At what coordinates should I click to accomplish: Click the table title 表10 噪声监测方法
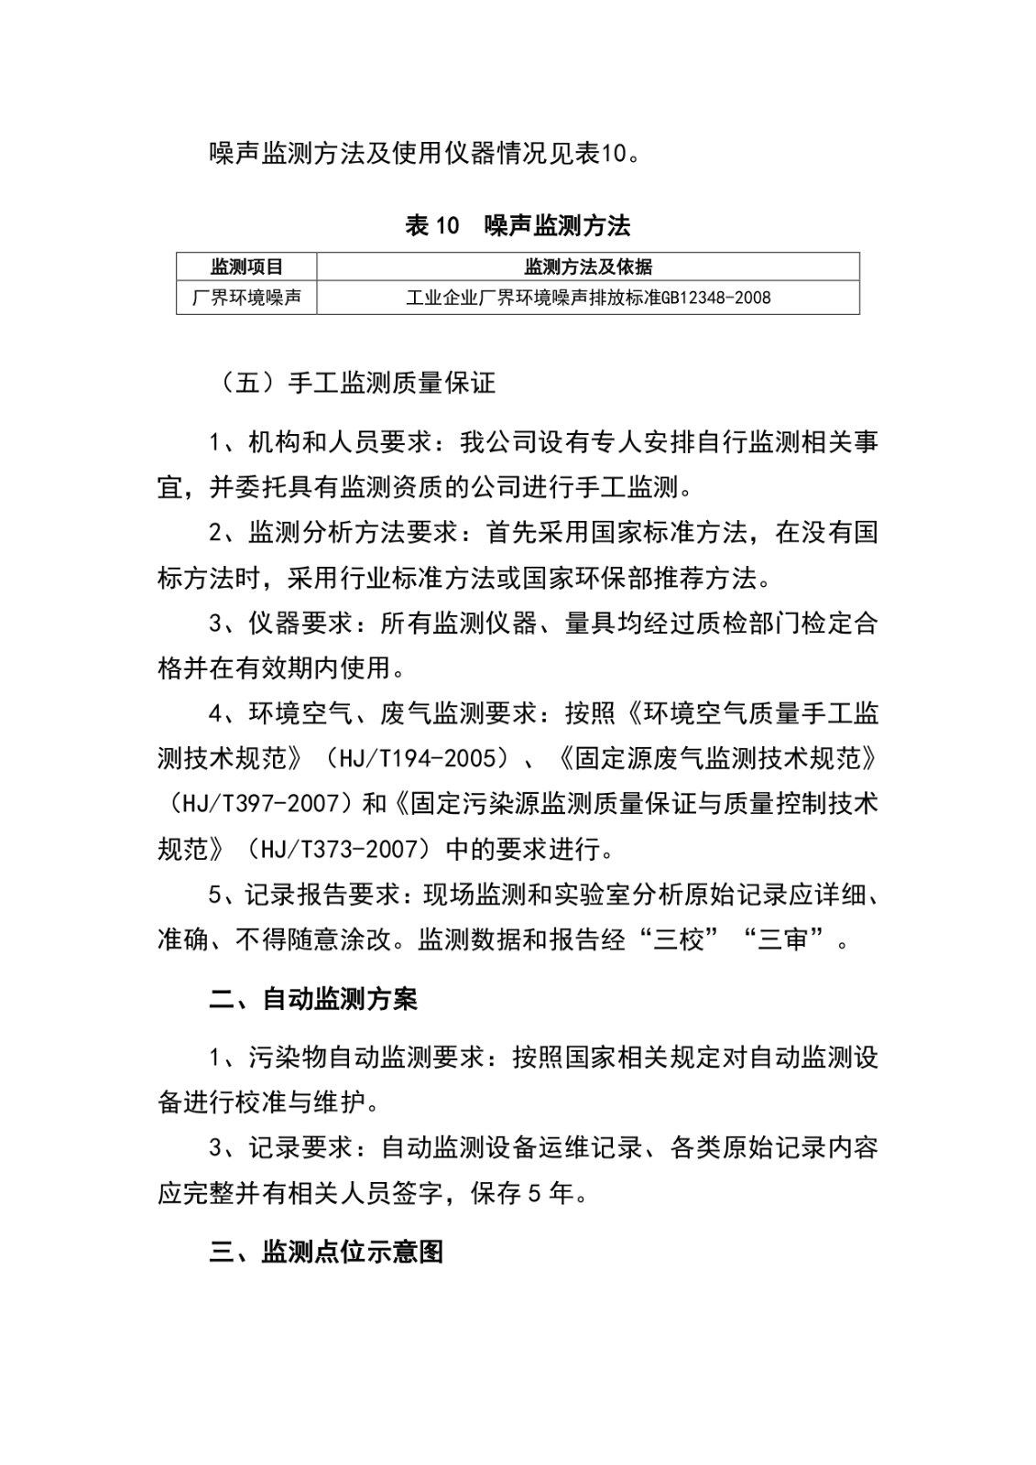point(518,225)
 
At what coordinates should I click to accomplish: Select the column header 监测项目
point(246,267)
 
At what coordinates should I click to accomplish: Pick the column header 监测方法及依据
point(588,267)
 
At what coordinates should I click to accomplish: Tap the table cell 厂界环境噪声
point(246,298)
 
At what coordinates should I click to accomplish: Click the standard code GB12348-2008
point(715,298)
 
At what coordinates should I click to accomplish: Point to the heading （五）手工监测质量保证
point(353,383)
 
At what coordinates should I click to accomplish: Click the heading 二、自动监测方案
point(313,999)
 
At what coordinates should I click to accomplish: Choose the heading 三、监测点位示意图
point(326,1252)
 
